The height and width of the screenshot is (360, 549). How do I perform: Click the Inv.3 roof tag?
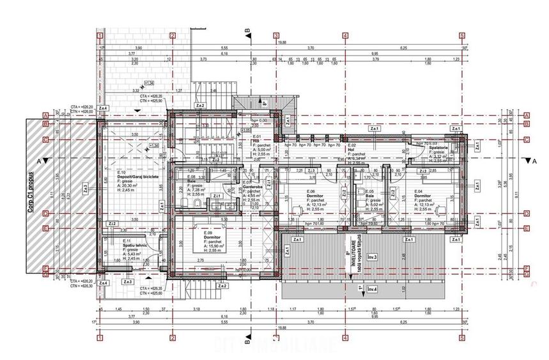pos(371,257)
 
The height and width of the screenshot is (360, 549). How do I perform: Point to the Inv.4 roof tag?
pos(371,290)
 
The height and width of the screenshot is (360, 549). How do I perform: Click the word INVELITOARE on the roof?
pos(351,252)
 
